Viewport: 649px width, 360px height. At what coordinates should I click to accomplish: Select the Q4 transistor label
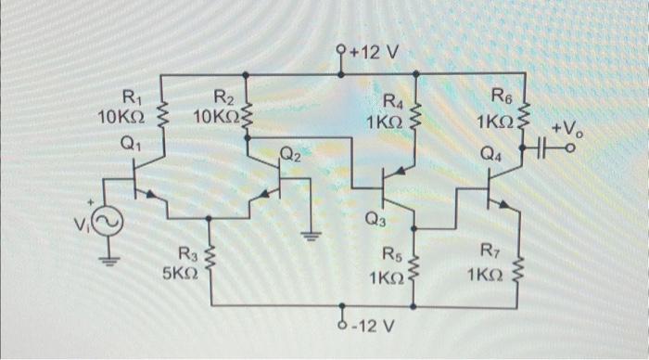pos(491,156)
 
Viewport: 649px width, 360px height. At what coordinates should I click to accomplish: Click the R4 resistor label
pos(394,101)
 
